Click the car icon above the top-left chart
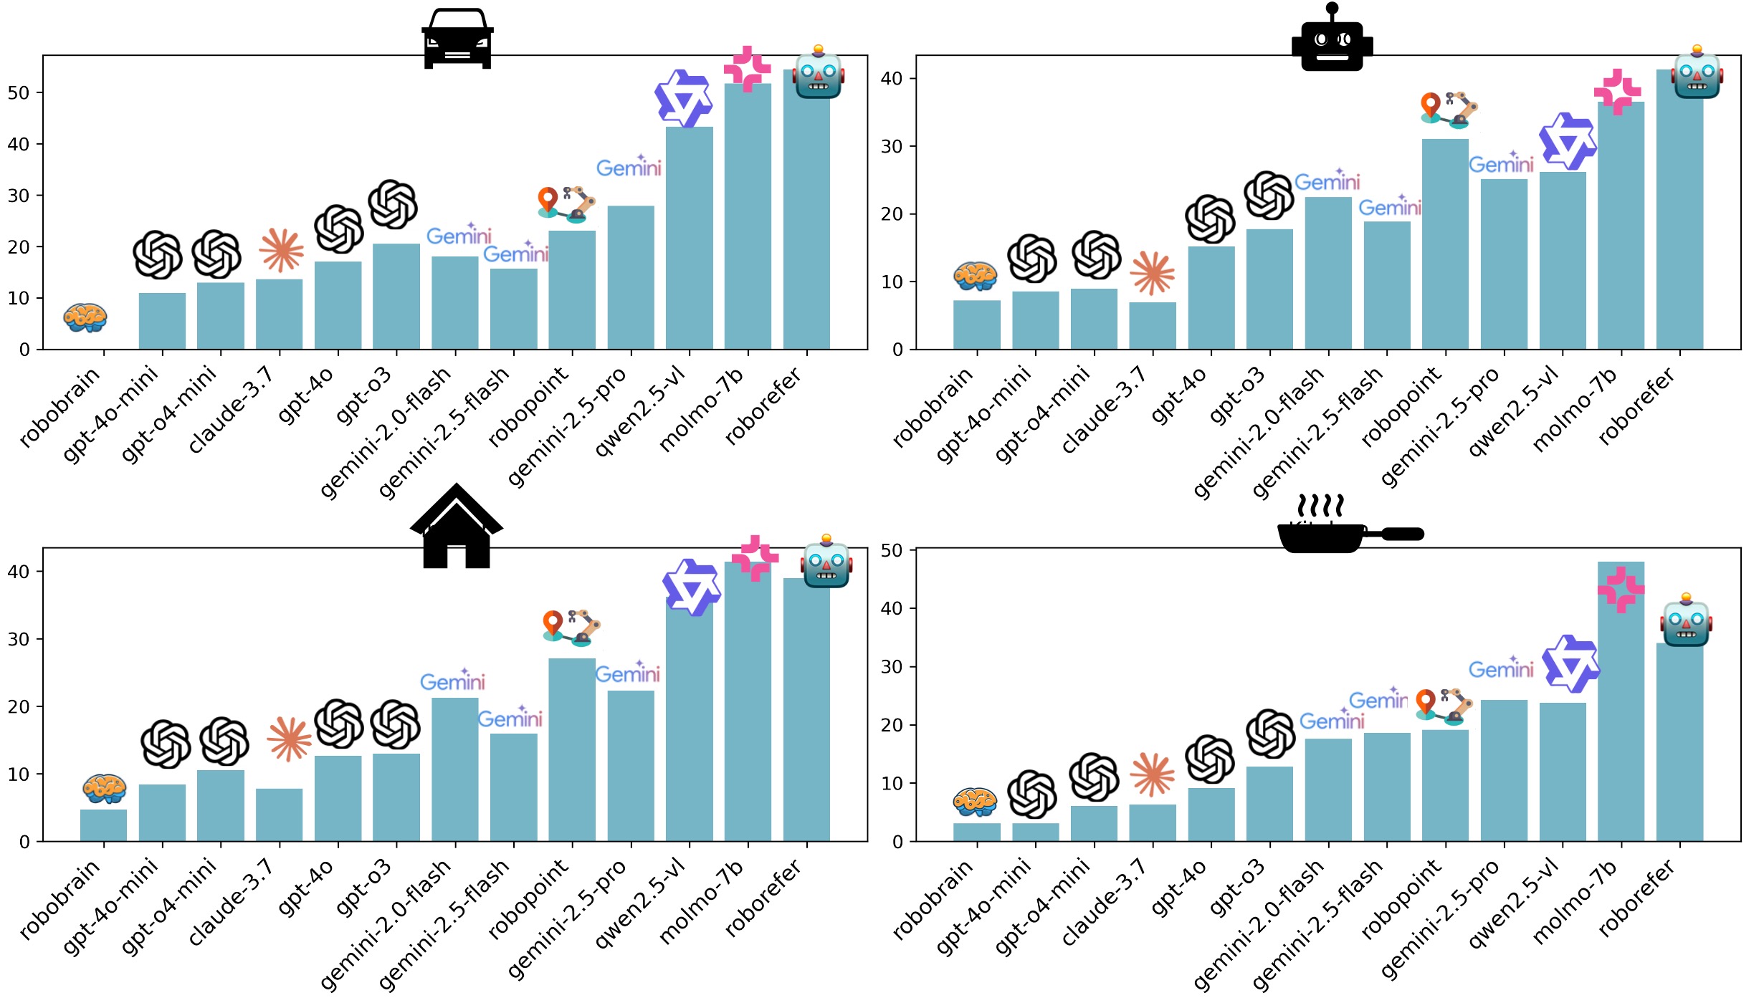(457, 39)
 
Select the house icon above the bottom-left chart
(457, 528)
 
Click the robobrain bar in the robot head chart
(976, 326)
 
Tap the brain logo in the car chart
(85, 317)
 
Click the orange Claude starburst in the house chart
(290, 739)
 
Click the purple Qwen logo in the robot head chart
(1568, 141)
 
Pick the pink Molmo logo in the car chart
(747, 69)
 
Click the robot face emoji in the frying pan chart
(1686, 620)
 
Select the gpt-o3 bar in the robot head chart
(1269, 290)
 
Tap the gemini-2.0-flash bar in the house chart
(454, 770)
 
